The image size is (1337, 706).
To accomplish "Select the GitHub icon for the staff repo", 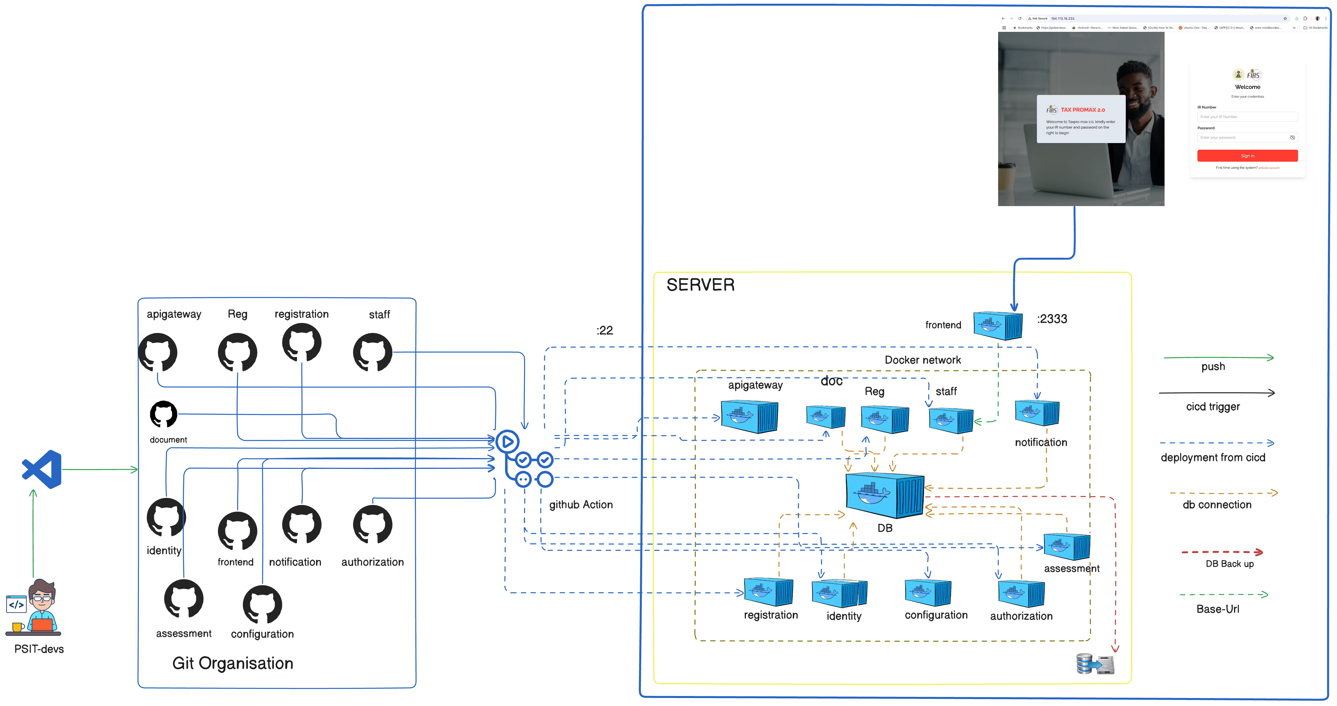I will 372,353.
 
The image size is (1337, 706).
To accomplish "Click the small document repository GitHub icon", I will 163,414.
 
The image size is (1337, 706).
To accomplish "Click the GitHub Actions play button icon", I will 507,442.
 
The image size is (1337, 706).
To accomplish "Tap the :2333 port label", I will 1052,319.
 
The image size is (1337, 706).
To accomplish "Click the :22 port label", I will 605,330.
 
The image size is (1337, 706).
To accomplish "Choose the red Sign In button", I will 1247,156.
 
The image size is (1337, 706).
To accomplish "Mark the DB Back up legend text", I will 1229,564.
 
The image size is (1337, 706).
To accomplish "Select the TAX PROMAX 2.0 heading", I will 1082,110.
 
